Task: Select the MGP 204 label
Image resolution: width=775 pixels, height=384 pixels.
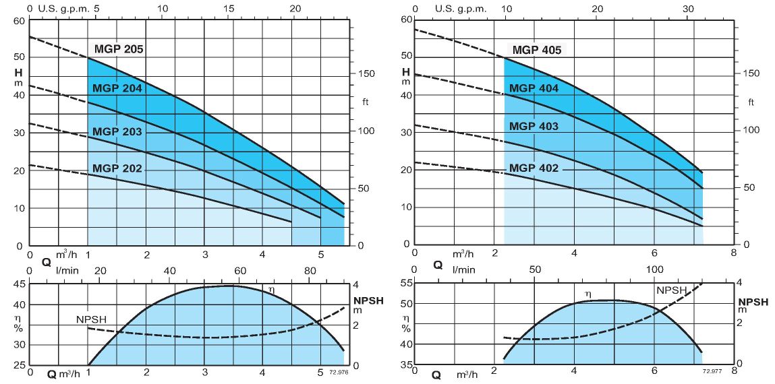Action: click(117, 88)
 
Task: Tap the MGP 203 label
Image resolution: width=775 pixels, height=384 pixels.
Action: click(117, 131)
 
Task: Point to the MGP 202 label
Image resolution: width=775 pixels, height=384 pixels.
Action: click(117, 168)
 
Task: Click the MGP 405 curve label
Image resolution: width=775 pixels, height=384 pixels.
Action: click(537, 50)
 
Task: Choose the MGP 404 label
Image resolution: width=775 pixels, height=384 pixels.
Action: click(534, 88)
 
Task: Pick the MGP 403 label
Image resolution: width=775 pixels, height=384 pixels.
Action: click(534, 126)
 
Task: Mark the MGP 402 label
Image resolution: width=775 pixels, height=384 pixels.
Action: click(534, 168)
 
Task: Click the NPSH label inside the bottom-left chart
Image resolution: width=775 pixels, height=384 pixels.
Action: click(91, 319)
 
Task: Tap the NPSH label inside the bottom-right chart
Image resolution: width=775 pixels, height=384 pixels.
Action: click(671, 290)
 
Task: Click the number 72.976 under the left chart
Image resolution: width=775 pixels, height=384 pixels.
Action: click(339, 371)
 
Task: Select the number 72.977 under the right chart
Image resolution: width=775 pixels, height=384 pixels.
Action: click(712, 371)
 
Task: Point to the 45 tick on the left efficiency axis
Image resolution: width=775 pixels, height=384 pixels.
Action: click(19, 285)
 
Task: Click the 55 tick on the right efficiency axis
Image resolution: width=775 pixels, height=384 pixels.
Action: click(405, 284)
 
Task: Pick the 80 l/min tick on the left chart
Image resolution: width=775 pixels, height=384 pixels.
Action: click(310, 271)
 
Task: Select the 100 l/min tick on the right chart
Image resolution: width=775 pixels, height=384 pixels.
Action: click(655, 269)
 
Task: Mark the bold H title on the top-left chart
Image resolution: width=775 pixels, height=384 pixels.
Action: click(20, 72)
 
